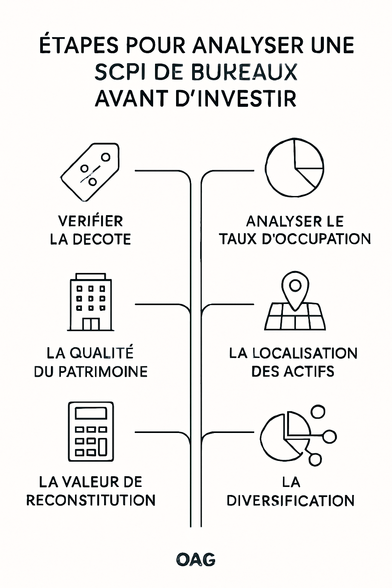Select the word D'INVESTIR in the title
tap(236, 98)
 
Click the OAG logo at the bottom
tap(196, 559)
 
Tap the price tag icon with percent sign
tap(90, 172)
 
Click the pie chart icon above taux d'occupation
tap(294, 167)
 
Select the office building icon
tap(91, 302)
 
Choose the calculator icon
tap(91, 432)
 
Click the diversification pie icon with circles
tap(298, 436)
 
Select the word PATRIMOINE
tap(103, 371)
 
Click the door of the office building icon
tap(91, 324)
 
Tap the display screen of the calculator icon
tap(91, 414)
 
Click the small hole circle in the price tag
tap(106, 157)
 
